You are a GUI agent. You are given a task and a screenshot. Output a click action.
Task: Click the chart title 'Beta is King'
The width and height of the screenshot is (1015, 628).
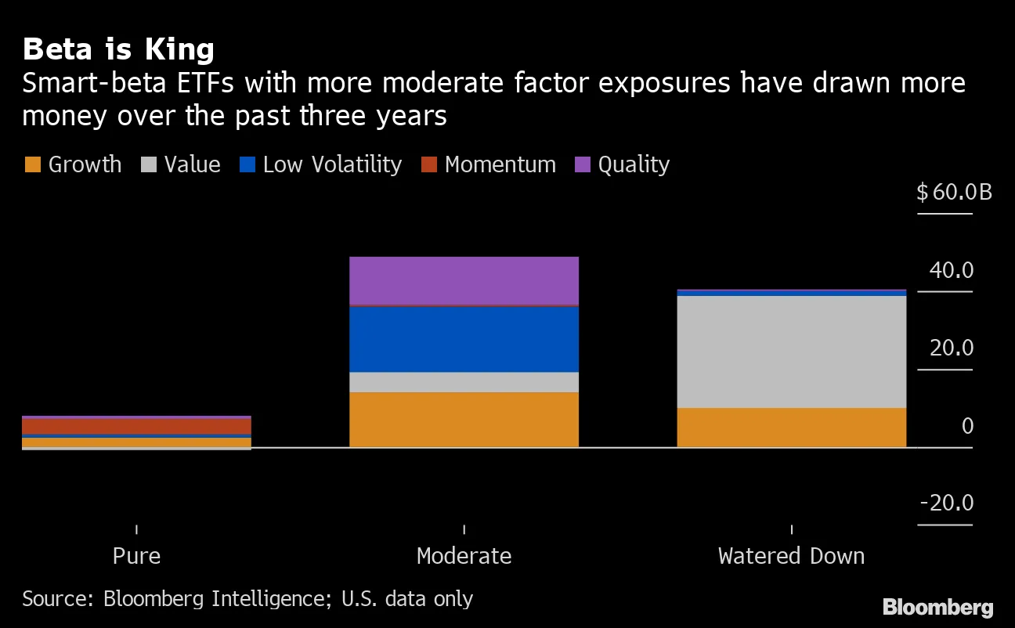[118, 49]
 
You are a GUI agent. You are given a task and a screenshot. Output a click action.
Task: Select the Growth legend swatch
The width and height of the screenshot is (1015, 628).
[32, 165]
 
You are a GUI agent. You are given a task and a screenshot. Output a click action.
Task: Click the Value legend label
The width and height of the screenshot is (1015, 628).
[192, 165]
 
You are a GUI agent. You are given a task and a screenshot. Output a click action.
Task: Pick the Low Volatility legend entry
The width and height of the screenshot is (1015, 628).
[321, 165]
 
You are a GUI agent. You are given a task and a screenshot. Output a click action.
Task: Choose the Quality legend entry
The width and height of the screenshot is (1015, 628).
[623, 165]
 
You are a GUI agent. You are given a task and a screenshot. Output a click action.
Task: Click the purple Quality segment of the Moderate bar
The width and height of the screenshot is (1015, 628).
[464, 280]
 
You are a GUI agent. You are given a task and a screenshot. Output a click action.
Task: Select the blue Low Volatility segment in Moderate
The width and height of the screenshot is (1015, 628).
[464, 339]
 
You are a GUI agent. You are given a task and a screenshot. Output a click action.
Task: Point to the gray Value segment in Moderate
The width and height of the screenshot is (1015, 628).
[464, 382]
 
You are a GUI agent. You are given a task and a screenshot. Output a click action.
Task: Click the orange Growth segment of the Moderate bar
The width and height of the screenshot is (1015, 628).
[464, 420]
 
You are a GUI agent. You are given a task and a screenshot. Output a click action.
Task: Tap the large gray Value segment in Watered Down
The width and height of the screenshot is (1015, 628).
[791, 352]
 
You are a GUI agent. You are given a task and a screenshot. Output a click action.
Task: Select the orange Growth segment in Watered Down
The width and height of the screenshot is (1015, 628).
[791, 428]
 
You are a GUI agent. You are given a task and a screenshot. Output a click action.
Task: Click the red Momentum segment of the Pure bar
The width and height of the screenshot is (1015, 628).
[136, 426]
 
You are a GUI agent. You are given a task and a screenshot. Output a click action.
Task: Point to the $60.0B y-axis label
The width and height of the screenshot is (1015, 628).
[954, 192]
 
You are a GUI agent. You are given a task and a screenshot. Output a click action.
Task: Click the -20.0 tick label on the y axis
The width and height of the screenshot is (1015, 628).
[946, 503]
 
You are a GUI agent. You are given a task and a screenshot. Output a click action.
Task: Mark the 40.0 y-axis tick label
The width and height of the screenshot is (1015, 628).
[951, 271]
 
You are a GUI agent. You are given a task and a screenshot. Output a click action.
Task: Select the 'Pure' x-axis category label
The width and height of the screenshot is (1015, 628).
[136, 556]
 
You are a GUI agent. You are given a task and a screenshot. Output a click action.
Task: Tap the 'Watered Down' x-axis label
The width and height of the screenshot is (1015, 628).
[791, 556]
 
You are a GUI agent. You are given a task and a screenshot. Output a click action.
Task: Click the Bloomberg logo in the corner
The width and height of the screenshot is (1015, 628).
[937, 607]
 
